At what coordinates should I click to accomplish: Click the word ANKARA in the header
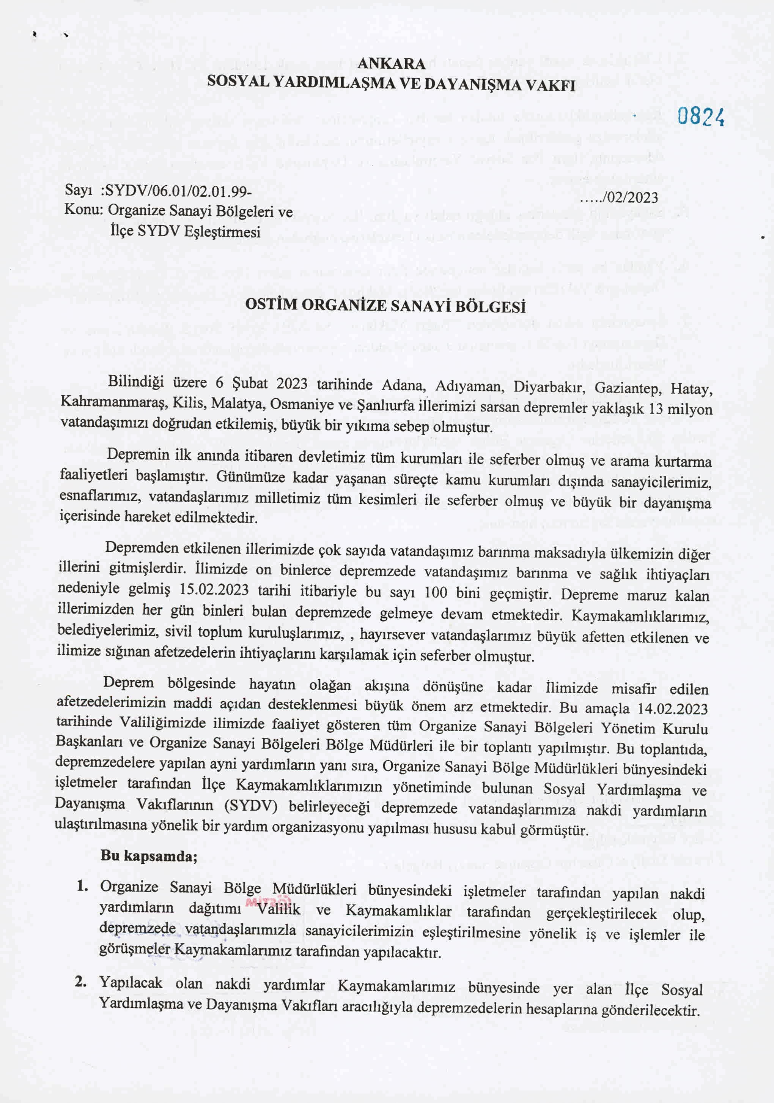(391, 63)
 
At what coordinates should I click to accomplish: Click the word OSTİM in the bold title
(271, 305)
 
